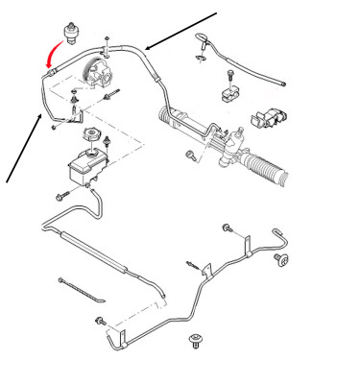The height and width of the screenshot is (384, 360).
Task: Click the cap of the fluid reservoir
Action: pyautogui.click(x=93, y=135)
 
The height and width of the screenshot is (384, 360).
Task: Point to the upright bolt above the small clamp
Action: pyautogui.click(x=230, y=74)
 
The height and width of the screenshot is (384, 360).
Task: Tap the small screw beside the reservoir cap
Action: pyautogui.click(x=114, y=145)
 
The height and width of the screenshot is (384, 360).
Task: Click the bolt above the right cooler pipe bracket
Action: pyautogui.click(x=228, y=228)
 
